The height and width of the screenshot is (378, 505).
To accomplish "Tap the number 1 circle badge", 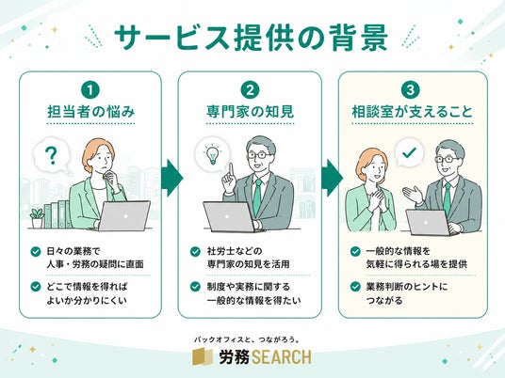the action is [x=90, y=90].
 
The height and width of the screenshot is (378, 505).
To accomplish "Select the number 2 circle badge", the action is [x=250, y=90].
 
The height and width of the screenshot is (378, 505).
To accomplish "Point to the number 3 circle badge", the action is [x=411, y=90].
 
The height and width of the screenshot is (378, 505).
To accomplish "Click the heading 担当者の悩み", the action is [x=90, y=112].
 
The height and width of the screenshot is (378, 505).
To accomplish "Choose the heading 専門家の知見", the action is [x=250, y=112].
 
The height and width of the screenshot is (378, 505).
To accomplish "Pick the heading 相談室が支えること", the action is [x=413, y=112].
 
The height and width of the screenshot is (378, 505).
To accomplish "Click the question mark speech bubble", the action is [x=52, y=155].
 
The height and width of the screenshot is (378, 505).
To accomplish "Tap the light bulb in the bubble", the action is [x=213, y=154].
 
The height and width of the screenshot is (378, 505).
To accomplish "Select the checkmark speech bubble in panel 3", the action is [x=409, y=152].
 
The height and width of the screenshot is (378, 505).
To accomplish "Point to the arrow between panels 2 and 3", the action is [x=332, y=178].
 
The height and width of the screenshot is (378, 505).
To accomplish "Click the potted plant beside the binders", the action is [x=37, y=218].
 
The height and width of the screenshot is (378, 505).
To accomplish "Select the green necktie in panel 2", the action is [x=257, y=197].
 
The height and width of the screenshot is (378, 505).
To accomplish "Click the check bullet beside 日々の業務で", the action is [x=35, y=251].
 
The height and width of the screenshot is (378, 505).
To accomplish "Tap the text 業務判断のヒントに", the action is [x=407, y=287].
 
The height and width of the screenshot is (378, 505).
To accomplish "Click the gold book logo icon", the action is [x=203, y=357].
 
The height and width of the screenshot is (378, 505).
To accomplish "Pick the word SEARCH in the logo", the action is [x=281, y=357].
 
